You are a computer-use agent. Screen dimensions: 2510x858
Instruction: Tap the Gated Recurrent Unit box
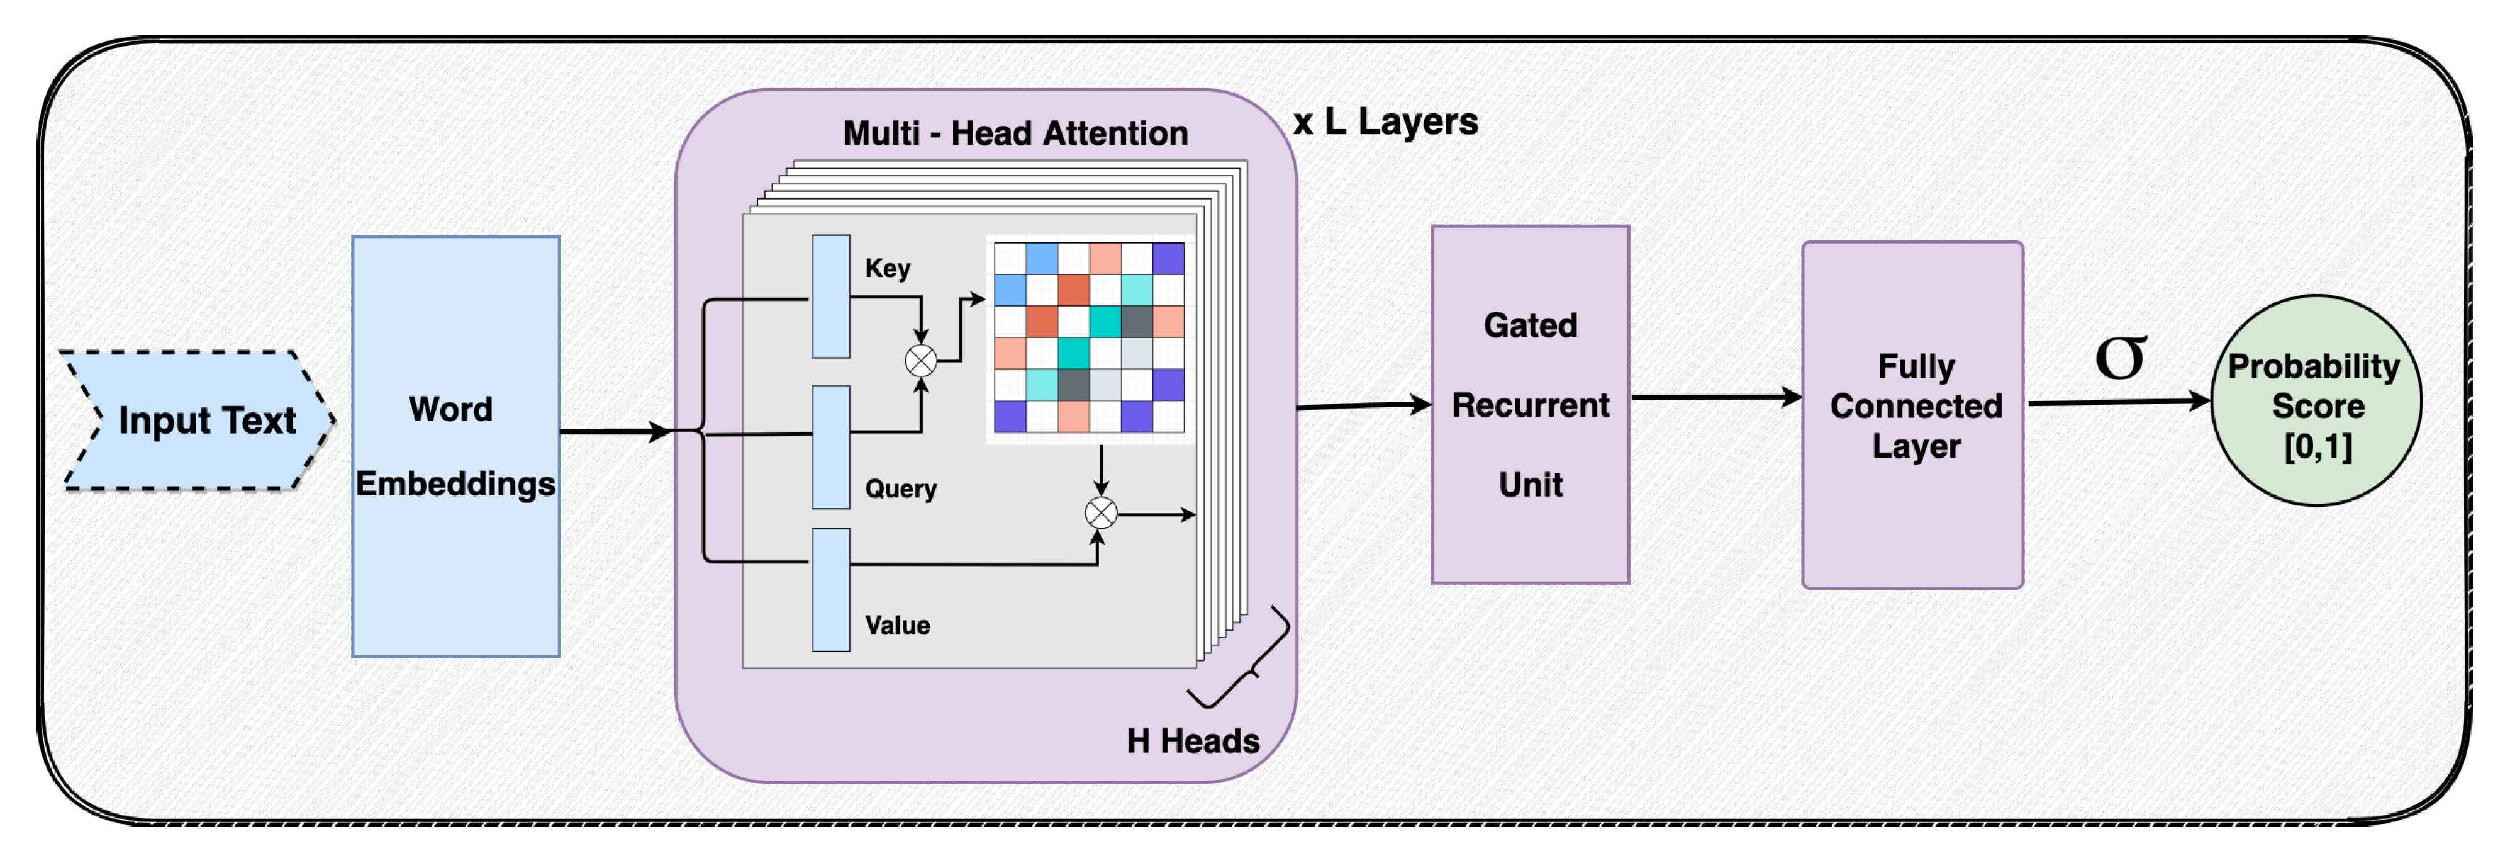point(1530,405)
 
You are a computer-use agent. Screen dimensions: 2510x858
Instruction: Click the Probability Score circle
point(2316,401)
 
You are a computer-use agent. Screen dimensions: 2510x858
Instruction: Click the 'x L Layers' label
point(1386,122)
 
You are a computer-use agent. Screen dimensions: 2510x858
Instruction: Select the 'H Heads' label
point(1193,741)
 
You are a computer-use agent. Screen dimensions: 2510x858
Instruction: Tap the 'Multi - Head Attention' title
point(1015,133)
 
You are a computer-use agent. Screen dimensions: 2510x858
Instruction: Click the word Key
point(888,268)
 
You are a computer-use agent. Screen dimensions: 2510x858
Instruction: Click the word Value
point(898,625)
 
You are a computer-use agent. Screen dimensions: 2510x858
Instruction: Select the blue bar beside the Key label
point(831,296)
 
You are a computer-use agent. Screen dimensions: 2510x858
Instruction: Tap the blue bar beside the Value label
point(831,590)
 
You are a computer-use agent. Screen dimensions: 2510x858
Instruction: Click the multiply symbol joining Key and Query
point(921,361)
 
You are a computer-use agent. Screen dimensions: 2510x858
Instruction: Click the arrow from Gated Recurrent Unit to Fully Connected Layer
point(1717,397)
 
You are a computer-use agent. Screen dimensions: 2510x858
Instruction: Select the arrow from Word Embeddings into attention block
point(616,431)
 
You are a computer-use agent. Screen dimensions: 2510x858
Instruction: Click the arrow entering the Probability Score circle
point(2119,401)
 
